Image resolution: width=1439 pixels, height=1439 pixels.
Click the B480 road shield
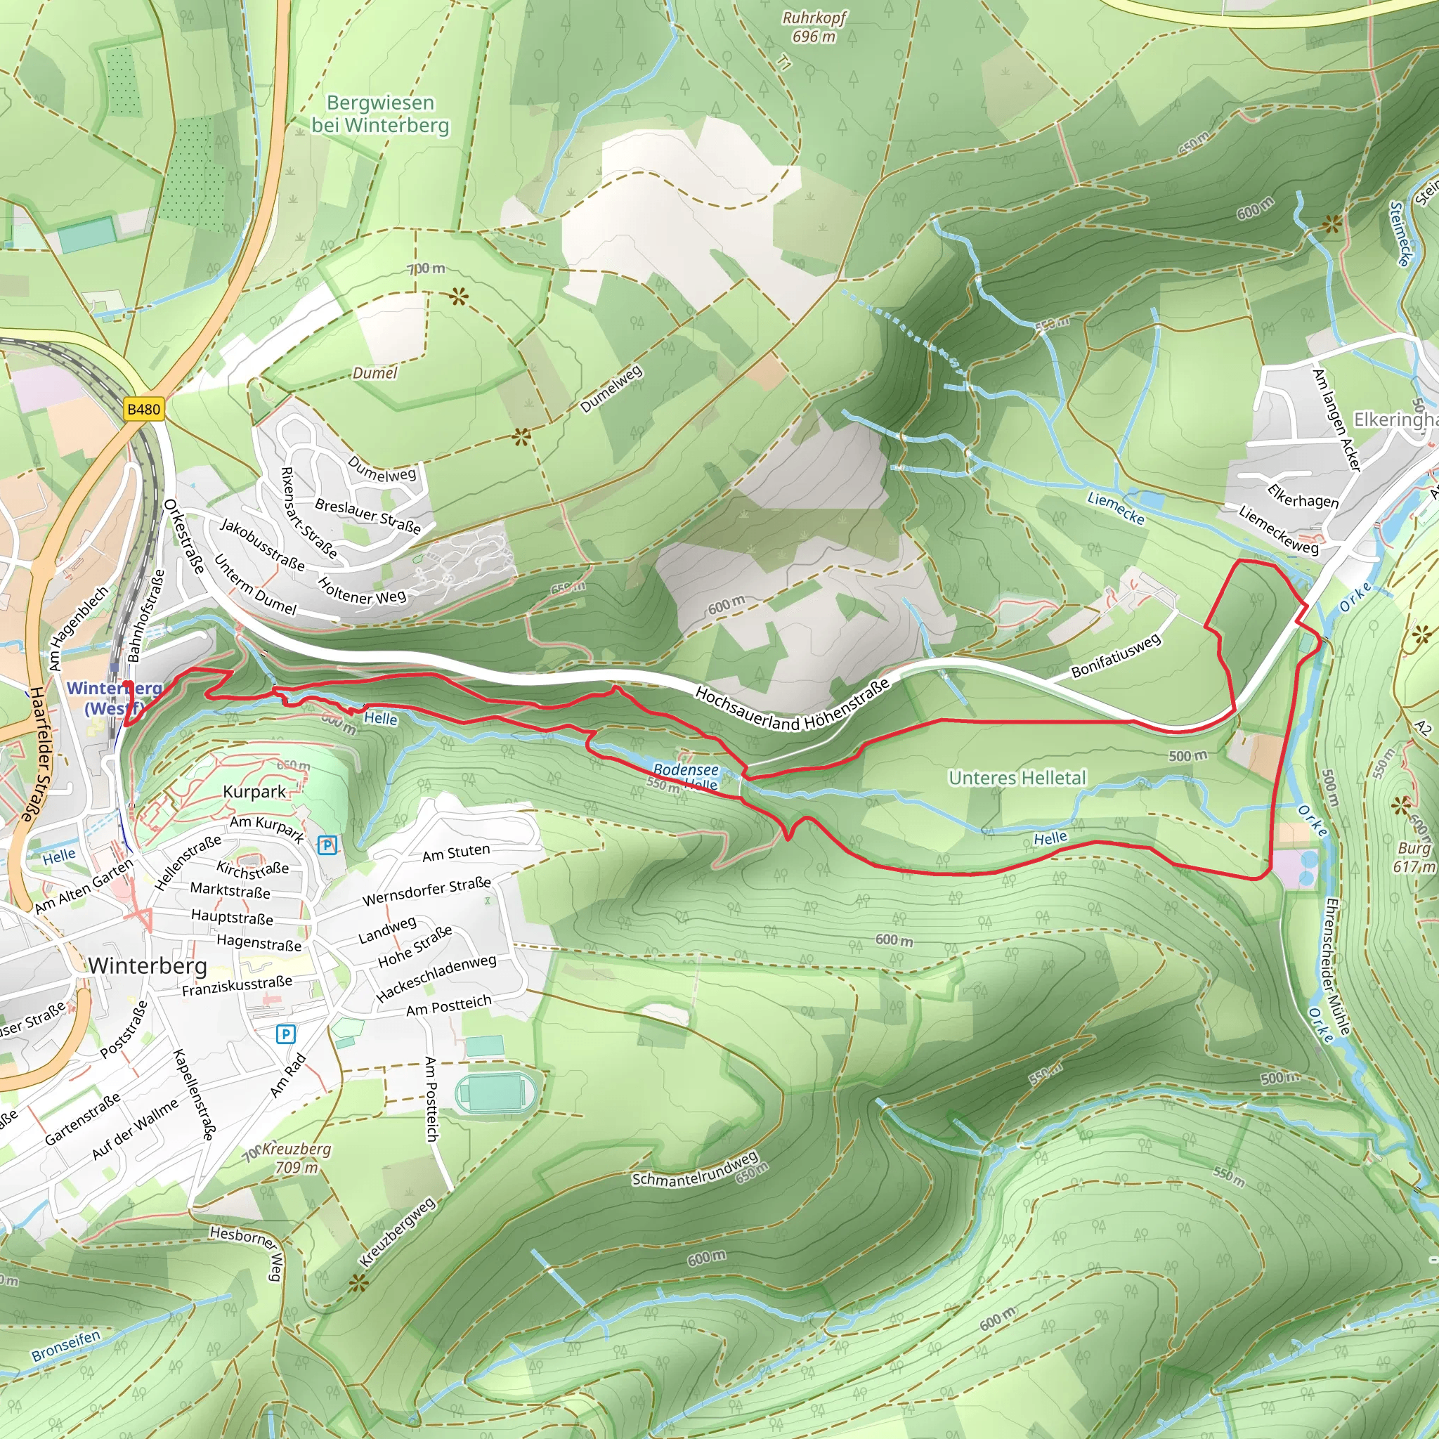point(143,409)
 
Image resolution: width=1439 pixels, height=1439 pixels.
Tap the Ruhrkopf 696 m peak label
point(814,27)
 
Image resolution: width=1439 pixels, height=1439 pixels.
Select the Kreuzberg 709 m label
point(297,1158)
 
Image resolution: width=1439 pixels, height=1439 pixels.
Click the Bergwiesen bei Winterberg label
point(380,114)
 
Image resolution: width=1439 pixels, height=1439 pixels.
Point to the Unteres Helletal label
point(1017,778)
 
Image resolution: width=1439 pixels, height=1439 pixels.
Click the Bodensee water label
point(685,769)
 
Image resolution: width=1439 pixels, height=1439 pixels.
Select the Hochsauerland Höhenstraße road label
point(792,705)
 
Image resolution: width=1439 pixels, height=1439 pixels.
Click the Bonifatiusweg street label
point(1116,656)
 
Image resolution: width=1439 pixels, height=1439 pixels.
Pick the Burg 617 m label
point(1414,857)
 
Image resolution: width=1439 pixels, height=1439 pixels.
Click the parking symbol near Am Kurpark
point(327,845)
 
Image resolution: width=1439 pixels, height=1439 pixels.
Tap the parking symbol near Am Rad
point(285,1034)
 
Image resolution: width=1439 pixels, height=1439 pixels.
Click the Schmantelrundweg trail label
point(695,1168)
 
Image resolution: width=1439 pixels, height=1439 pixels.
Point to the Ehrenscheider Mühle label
point(1338,966)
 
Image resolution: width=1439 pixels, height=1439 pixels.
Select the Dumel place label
point(375,373)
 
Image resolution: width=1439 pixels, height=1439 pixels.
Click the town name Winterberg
point(148,966)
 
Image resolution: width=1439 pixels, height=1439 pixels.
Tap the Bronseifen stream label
point(65,1346)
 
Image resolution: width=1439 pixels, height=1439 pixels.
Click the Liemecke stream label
point(1115,508)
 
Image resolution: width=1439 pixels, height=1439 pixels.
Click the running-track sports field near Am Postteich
point(495,1093)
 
